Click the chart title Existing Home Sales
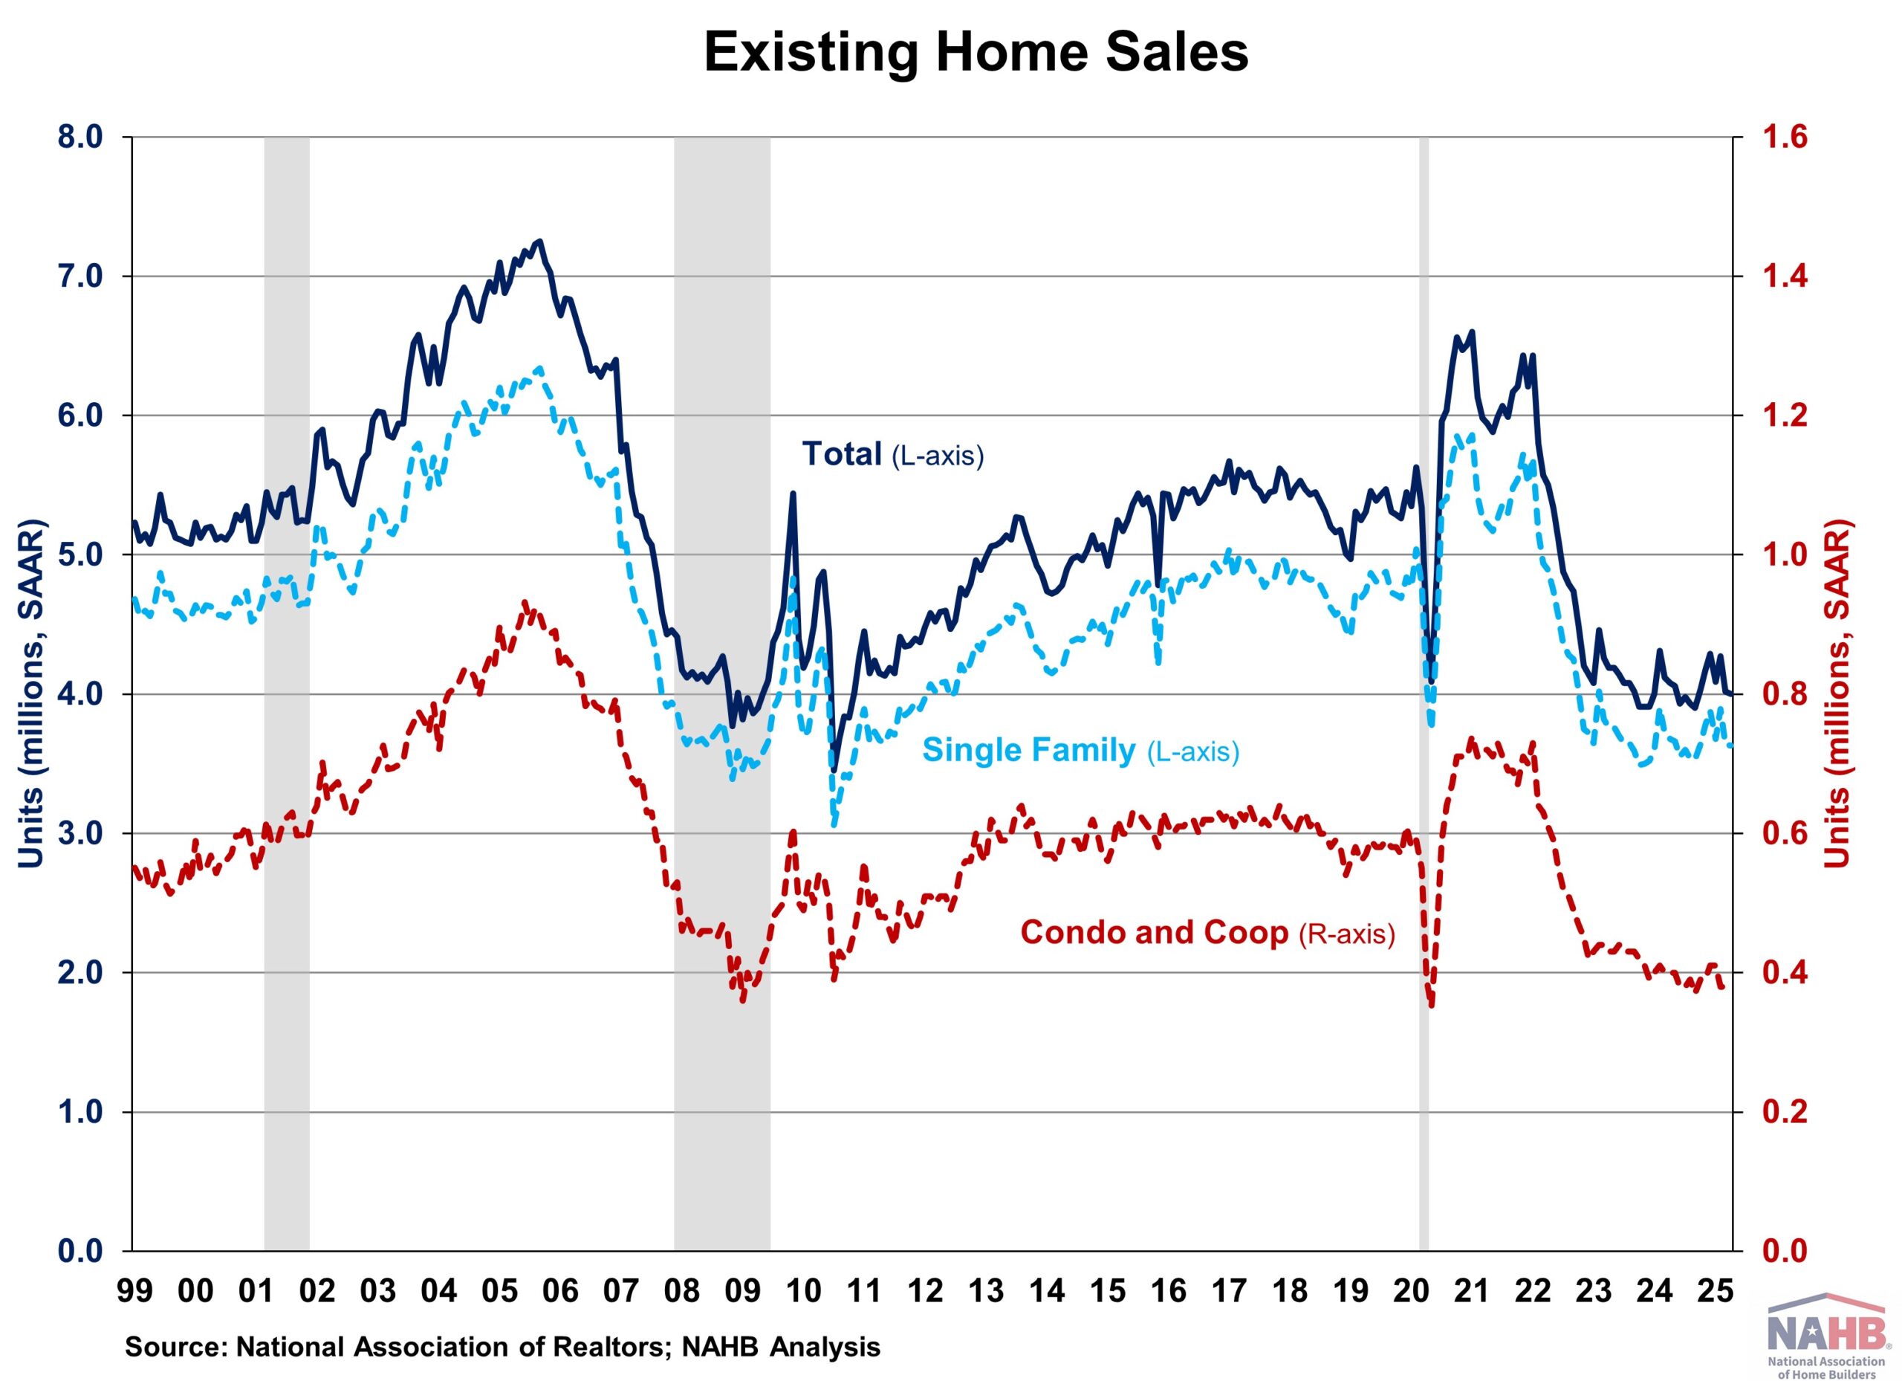pos(976,52)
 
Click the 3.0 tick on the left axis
pos(79,834)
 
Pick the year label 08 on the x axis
pos(681,1290)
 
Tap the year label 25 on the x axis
pos(1715,1290)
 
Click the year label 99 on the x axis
pos(135,1290)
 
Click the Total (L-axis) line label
pos(892,455)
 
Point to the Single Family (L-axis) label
pos(1080,750)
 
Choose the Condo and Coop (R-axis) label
pos(1207,933)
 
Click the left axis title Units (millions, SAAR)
pos(32,695)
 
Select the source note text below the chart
pos(503,1348)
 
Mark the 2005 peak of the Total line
pos(539,242)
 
